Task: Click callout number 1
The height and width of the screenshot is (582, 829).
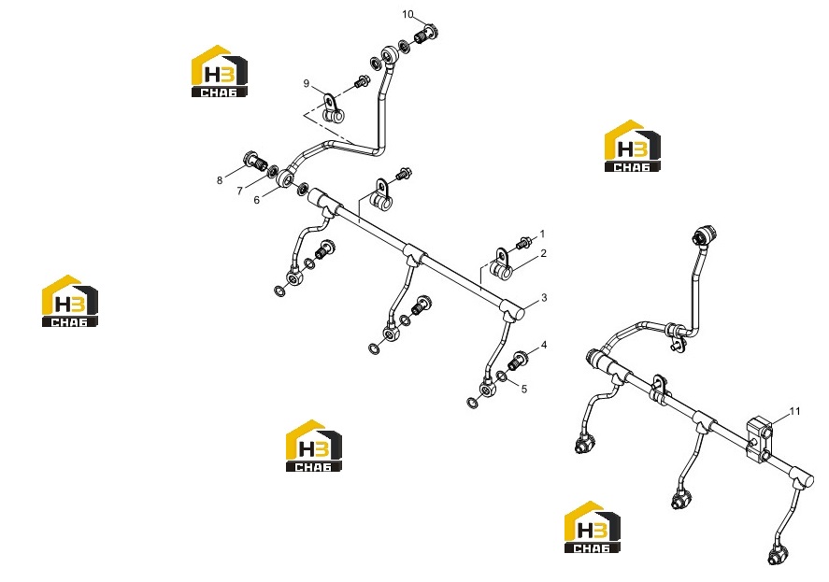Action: pos(542,234)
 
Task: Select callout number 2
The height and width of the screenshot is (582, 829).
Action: pos(543,254)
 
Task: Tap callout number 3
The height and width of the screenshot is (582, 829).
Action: pos(544,298)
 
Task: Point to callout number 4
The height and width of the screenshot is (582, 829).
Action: pos(544,345)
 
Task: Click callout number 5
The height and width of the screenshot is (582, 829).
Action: pos(524,389)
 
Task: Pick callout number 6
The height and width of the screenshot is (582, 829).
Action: pos(257,200)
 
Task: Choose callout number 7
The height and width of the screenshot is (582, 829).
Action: pos(239,191)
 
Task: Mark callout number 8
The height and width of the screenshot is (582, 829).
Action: pos(220,181)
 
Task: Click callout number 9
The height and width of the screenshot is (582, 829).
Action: pos(307,83)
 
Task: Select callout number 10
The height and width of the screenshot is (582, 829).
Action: pos(407,14)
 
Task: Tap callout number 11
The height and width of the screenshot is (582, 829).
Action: pos(795,411)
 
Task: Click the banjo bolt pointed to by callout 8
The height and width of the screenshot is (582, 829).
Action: pos(255,161)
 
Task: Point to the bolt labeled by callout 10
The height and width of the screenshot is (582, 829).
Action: pos(426,35)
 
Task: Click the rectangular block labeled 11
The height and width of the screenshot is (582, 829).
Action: pos(759,438)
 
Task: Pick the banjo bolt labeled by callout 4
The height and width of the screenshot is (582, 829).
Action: pos(517,361)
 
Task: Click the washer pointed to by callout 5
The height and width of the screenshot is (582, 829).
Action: pos(501,376)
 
